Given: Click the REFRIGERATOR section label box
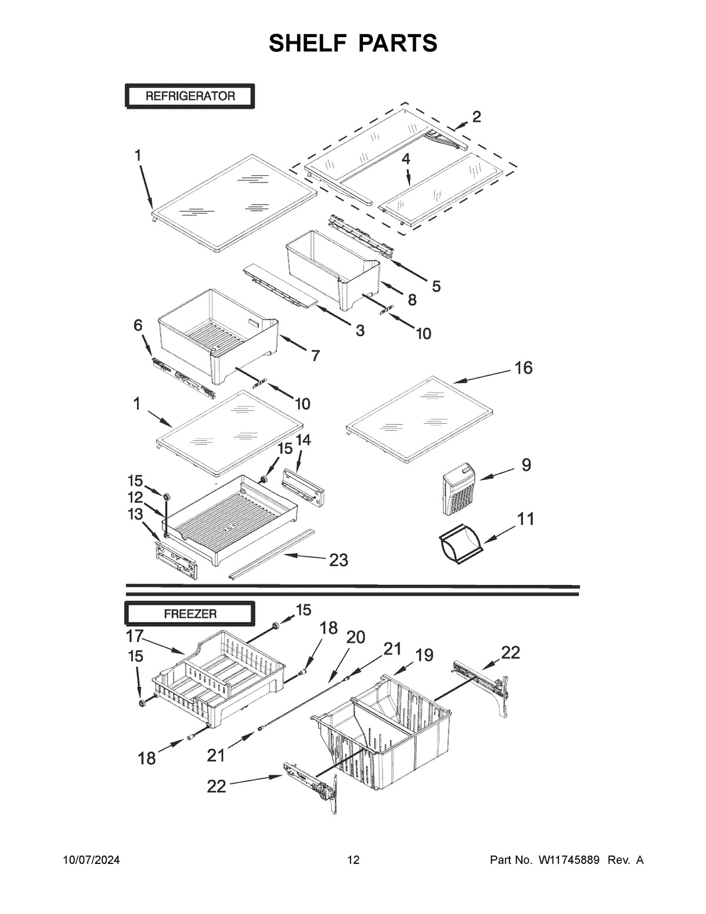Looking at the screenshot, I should point(189,97).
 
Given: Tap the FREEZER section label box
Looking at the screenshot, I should point(189,613).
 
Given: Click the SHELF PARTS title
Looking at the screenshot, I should point(353,43).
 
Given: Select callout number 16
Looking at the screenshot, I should point(523,368).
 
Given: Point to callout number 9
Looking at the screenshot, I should point(526,465).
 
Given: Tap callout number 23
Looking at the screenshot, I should point(338,560).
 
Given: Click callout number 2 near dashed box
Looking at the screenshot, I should point(476,117).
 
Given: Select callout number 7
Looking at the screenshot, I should point(315,355).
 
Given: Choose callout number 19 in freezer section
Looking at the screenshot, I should point(423,654).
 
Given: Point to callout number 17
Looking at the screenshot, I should point(135,636).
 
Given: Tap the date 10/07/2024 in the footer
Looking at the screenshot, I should point(92,860).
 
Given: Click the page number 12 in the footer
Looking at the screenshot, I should point(353,860).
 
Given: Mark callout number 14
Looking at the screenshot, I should point(303,440).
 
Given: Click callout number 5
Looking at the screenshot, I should point(435,286).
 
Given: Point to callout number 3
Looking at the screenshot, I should point(359,331).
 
